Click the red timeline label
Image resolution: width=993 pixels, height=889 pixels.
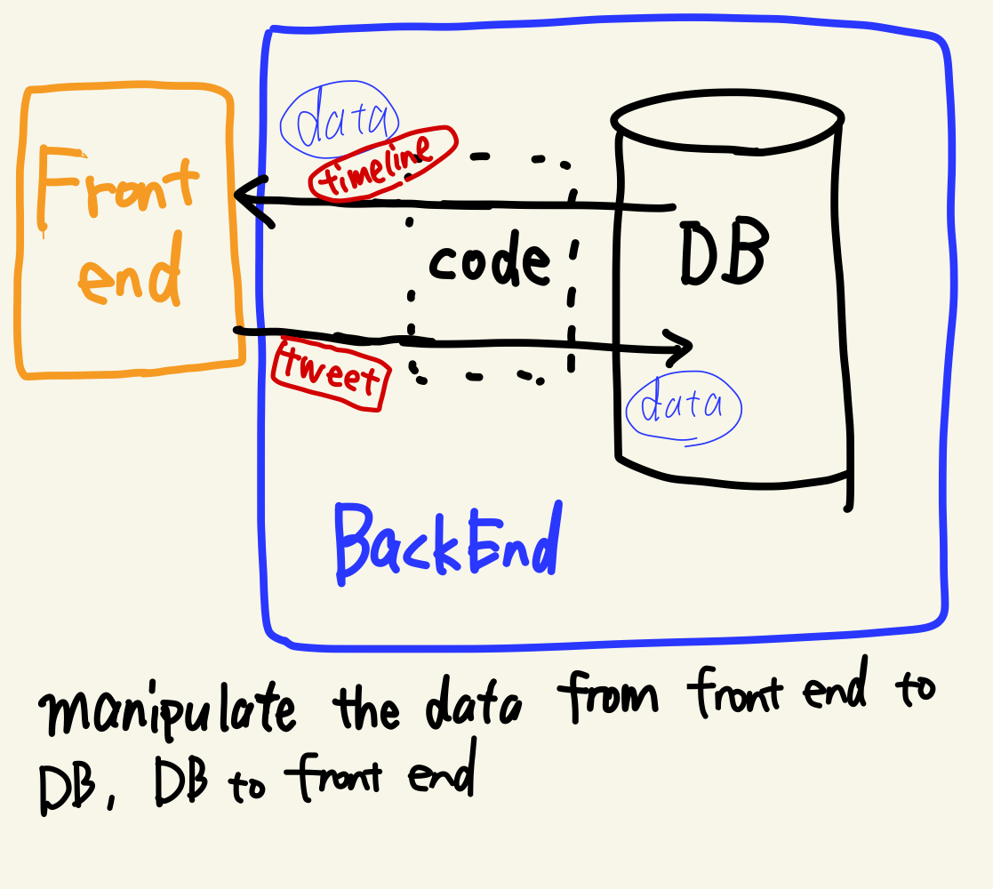383,164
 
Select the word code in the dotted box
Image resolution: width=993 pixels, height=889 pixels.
489,262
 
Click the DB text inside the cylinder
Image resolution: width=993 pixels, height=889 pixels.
722,255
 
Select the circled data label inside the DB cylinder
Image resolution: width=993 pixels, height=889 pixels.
683,407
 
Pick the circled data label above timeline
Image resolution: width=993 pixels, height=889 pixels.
340,124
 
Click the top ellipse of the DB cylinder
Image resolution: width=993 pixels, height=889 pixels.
726,120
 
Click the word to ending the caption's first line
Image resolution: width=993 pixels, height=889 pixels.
912,689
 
